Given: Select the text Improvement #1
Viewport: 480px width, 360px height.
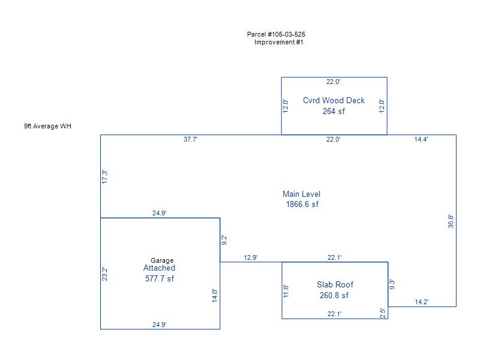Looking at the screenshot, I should coord(279,42).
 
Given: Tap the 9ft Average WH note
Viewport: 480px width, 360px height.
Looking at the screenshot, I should coord(47,126).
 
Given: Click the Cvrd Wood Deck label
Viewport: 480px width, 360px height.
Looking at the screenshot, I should coord(334,101).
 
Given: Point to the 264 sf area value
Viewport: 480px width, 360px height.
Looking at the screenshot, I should coord(334,111).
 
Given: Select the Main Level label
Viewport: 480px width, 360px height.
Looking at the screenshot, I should coord(301,194).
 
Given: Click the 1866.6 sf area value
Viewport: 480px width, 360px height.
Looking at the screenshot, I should coord(302,204).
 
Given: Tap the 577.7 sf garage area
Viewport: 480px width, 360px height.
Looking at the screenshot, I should coord(160,278).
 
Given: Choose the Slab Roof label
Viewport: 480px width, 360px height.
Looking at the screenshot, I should coord(335,284).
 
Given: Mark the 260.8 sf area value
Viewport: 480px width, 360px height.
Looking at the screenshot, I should coord(334,295).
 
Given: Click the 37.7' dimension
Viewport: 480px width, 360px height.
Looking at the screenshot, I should coord(191,139).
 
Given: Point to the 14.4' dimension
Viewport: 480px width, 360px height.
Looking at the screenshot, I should coord(421,139).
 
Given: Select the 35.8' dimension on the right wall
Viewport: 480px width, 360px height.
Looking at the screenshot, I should coord(451,221).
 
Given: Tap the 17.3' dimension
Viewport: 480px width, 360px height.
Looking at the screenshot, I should coord(105,177).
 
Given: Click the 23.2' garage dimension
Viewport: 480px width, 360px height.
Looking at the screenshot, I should coord(105,274).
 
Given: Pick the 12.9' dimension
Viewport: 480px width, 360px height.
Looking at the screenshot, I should coord(251,257).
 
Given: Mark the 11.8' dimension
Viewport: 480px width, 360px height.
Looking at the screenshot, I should coord(287,291).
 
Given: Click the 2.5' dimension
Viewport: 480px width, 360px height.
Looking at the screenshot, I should coord(383,313).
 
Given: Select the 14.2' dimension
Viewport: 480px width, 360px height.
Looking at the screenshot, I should coord(422,302).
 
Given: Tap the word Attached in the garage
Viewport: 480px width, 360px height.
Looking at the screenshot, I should coord(159,268).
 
